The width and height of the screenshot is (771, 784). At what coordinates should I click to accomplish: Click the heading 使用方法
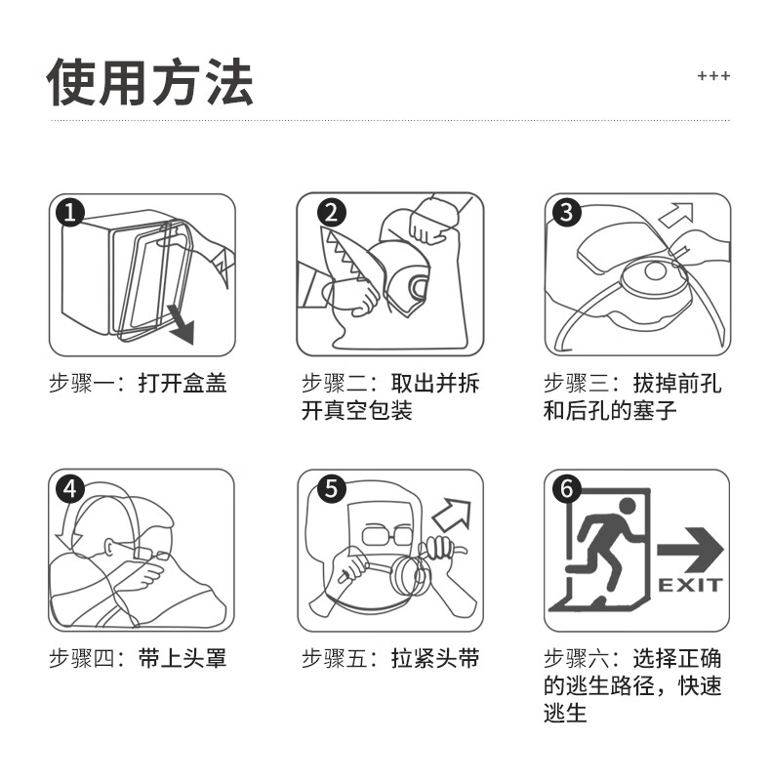(149, 81)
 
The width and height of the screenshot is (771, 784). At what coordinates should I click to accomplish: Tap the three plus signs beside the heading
(713, 76)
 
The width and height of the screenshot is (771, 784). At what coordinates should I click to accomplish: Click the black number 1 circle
(70, 212)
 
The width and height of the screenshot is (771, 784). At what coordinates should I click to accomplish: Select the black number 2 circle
(331, 212)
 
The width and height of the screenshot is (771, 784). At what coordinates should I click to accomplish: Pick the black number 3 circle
(566, 211)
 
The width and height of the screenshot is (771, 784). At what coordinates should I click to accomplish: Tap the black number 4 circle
(70, 488)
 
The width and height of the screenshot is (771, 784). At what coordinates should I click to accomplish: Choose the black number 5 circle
(331, 487)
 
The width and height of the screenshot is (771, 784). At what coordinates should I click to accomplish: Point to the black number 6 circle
(567, 487)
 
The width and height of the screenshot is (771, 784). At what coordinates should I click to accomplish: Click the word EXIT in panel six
(690, 585)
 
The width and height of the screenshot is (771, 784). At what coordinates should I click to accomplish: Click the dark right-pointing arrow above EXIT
(690, 550)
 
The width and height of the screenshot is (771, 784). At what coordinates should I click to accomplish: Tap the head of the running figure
(628, 507)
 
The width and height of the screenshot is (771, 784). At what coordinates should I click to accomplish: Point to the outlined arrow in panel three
(677, 214)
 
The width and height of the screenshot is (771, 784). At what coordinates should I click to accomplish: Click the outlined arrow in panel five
(452, 515)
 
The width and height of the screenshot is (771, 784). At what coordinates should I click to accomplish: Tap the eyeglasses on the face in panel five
(387, 534)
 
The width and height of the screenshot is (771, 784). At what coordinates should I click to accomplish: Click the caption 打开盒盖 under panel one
(183, 384)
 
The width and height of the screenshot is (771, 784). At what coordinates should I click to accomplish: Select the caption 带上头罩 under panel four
(183, 658)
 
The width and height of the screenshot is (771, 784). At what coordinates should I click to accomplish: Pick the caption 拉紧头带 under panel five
(435, 658)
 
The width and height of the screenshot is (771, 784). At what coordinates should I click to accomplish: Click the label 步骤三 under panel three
(576, 384)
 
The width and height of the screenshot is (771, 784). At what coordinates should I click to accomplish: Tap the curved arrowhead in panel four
(68, 541)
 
